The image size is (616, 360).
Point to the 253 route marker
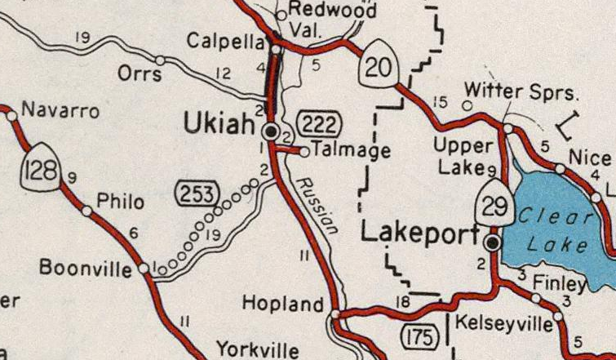click(197, 195)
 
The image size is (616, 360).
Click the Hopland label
click(283, 305)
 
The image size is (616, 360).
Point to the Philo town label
click(119, 202)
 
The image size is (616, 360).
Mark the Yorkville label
click(257, 349)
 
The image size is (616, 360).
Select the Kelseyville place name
click(503, 323)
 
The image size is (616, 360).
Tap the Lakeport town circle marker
click(492, 243)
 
